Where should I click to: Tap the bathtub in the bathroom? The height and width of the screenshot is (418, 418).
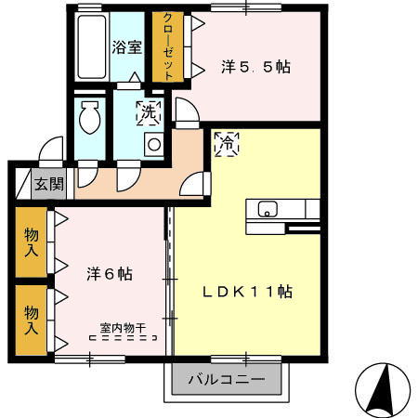(89, 46)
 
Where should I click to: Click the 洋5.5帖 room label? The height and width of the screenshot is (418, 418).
(255, 67)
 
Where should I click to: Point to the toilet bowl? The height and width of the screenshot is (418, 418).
(90, 118)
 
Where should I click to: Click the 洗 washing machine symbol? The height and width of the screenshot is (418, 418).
(148, 112)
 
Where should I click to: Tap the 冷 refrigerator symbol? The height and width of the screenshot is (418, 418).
(226, 144)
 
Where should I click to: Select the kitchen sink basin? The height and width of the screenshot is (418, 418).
(267, 209)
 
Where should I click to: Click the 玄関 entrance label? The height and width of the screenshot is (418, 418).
(49, 184)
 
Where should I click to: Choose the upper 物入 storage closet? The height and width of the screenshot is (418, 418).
(32, 243)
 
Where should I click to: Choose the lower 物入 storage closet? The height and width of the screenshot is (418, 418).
(32, 320)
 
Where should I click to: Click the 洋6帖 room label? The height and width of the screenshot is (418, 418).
(110, 274)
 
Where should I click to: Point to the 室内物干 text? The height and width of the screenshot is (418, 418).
(123, 327)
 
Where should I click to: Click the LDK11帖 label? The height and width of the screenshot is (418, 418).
(248, 291)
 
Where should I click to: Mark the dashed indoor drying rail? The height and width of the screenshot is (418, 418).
(124, 339)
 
